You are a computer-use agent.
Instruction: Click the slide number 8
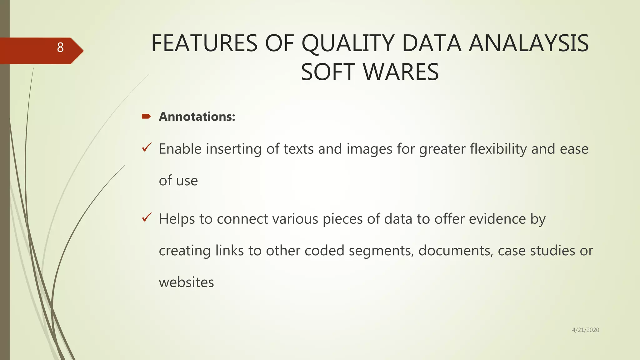click(60, 47)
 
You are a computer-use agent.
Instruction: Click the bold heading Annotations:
click(197, 117)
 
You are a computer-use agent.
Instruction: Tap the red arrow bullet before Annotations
click(146, 117)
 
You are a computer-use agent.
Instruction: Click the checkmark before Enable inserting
click(147, 147)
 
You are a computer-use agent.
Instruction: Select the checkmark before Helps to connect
click(147, 217)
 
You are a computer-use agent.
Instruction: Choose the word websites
click(186, 282)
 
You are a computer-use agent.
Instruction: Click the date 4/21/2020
click(585, 330)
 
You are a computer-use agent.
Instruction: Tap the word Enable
click(180, 149)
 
